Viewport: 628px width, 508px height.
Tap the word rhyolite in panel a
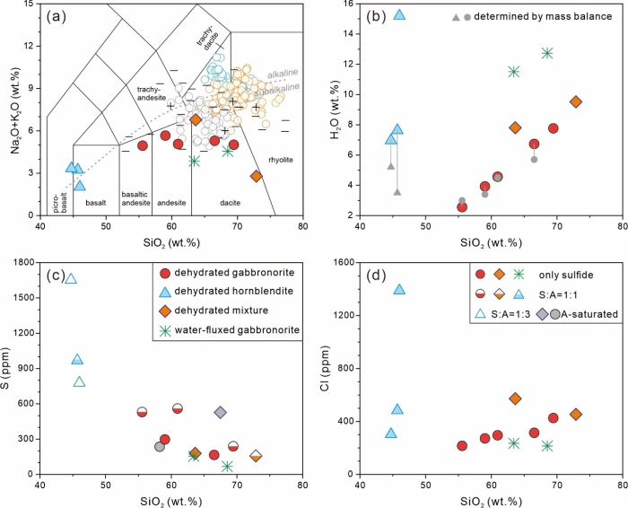280,159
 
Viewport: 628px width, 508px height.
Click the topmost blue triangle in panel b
399,14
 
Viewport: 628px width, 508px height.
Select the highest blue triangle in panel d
399,289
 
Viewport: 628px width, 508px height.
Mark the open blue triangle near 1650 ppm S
71,278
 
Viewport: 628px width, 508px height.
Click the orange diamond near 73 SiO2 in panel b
575,101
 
